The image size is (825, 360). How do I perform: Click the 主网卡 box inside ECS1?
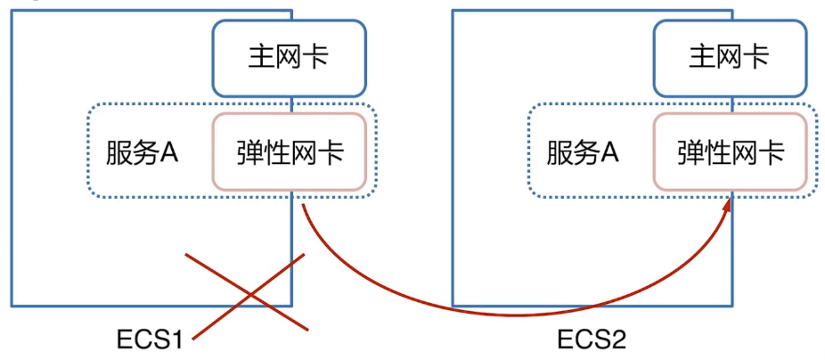point(289,58)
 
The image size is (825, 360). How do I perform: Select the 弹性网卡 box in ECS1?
point(289,152)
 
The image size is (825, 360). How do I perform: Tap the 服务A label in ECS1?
point(143,152)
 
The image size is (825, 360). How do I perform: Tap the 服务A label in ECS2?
point(584,152)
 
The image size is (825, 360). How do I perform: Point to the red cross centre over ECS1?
point(247,290)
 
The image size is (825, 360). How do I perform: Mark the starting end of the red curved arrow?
point(303,207)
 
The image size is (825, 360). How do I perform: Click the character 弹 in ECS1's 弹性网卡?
point(249,152)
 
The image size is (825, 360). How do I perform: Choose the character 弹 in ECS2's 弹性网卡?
point(690,152)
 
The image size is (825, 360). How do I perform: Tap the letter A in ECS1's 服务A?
point(169,152)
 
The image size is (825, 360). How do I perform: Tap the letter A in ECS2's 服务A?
point(610,152)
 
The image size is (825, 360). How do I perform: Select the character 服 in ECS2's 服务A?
point(560,152)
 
